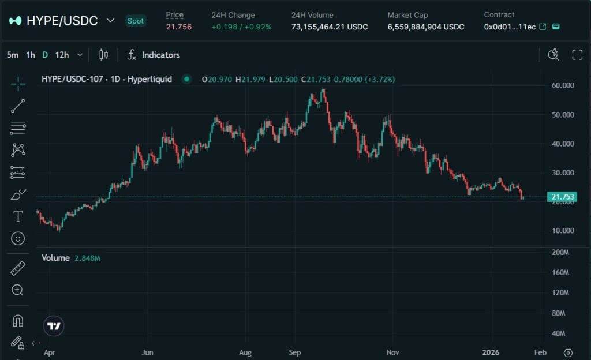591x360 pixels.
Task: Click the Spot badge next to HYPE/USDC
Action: [x=136, y=21]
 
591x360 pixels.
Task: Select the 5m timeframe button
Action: [x=12, y=55]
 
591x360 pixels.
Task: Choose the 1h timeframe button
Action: [x=31, y=55]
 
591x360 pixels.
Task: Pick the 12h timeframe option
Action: [x=62, y=55]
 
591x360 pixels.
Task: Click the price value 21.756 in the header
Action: [x=179, y=27]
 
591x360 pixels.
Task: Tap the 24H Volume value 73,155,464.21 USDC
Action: [x=330, y=27]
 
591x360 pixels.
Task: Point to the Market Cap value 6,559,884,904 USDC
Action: [x=426, y=27]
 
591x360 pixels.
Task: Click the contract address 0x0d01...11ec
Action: [x=510, y=27]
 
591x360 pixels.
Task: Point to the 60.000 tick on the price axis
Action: [x=563, y=85]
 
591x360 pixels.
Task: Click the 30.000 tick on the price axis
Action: [x=563, y=172]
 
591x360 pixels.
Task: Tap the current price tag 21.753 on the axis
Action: [x=563, y=197]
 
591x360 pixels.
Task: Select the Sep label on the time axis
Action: [x=295, y=352]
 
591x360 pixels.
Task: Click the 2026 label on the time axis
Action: [x=491, y=352]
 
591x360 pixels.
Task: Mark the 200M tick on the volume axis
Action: [x=561, y=253]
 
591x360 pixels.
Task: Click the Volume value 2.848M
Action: [x=88, y=258]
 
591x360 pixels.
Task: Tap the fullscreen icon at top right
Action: [x=577, y=55]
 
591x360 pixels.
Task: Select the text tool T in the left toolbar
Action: [x=18, y=216]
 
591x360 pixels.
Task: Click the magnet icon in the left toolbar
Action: [x=18, y=321]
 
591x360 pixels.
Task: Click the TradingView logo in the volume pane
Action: [x=54, y=327]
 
